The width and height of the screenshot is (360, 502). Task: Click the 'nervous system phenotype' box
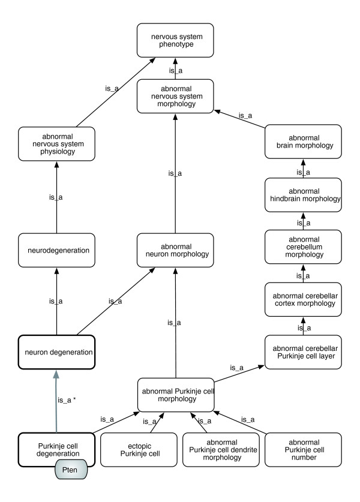coord(175,40)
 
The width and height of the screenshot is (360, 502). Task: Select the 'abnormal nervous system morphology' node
coord(175,95)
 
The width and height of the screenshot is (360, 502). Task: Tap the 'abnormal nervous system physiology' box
coord(56,143)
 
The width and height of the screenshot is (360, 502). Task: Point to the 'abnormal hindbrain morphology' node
coord(302,194)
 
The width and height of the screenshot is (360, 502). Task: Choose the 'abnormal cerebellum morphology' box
coord(302,247)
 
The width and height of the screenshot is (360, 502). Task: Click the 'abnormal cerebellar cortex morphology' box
coord(302,299)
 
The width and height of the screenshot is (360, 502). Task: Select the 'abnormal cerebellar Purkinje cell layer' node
coord(302,351)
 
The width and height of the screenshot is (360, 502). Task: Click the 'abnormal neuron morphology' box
coord(175,250)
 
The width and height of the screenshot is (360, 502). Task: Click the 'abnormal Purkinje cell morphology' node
coord(175,395)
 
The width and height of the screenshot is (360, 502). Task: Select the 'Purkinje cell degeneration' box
coord(56,450)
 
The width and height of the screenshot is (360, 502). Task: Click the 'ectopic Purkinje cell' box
coord(137,450)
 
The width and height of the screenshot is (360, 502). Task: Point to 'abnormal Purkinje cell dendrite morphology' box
coord(220,450)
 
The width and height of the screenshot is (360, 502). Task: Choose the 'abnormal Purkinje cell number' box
coord(302,450)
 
